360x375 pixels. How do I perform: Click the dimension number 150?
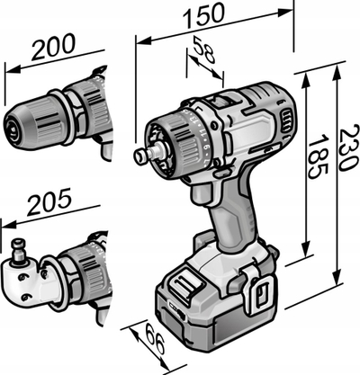203,15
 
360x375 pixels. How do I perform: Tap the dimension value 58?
204,49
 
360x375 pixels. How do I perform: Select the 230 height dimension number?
349,147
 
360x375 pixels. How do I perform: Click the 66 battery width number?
156,339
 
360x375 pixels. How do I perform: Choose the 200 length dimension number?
53,46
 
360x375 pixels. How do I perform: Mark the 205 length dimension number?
49,201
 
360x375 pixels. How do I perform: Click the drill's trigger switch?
200,192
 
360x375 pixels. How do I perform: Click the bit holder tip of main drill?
139,156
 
